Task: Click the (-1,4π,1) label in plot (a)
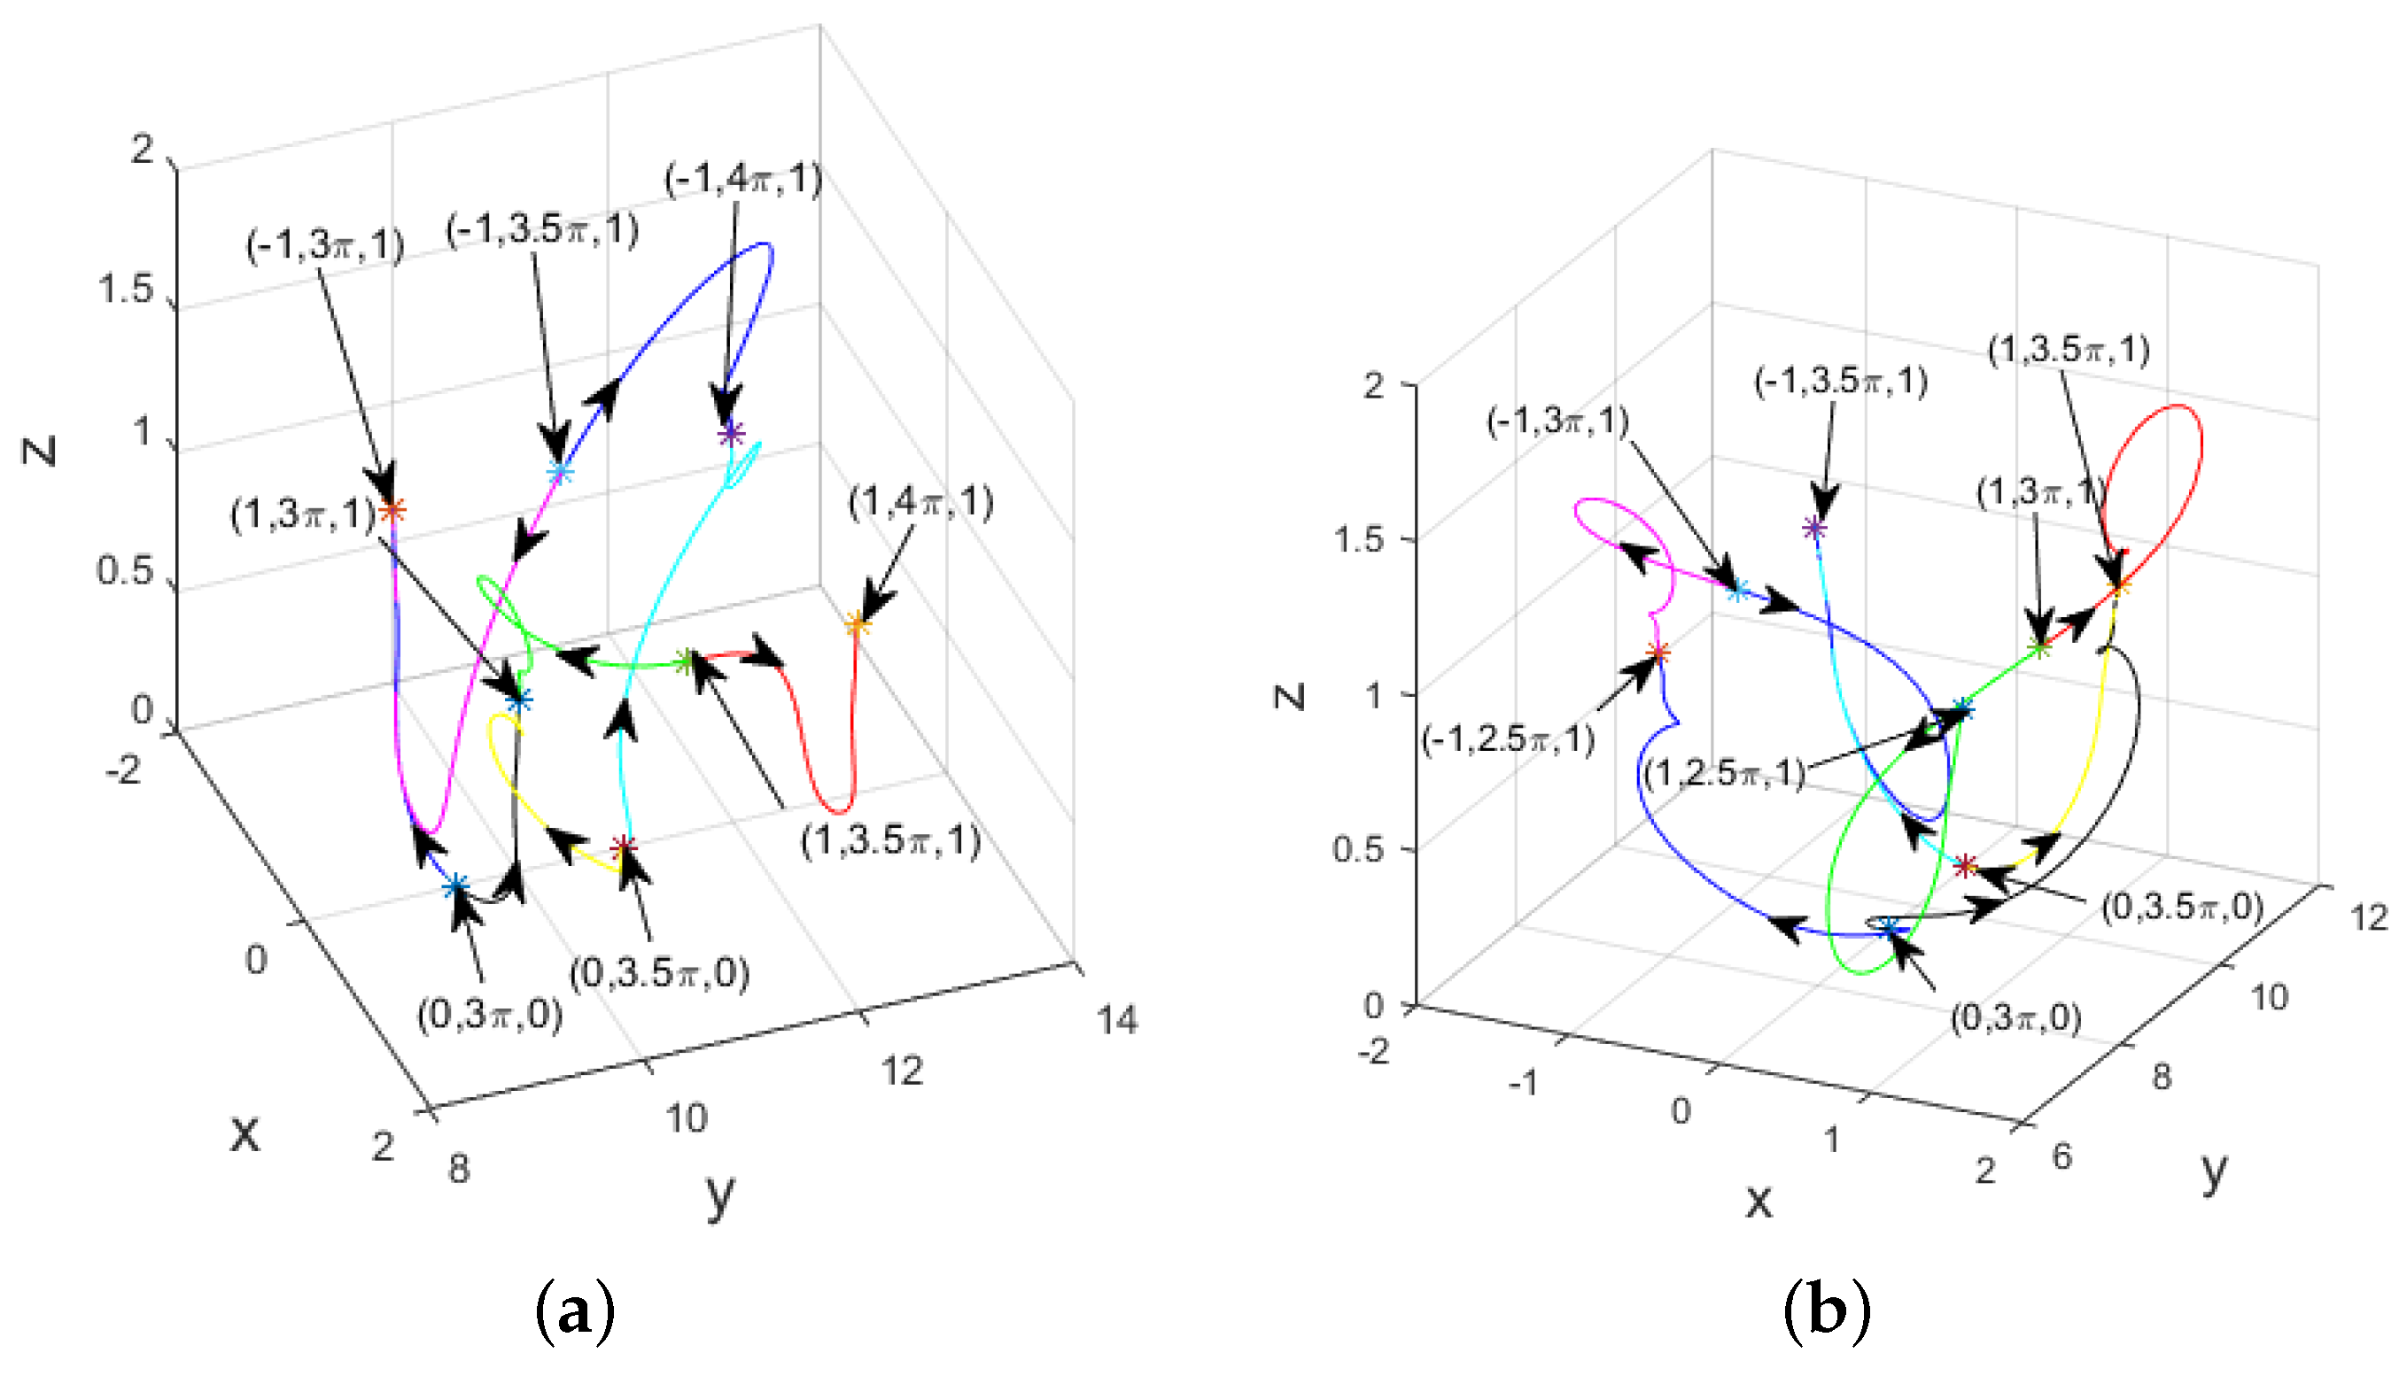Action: point(743,179)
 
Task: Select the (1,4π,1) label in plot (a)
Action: point(920,502)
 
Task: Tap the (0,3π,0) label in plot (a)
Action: point(490,1015)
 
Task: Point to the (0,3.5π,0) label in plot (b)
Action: point(2182,907)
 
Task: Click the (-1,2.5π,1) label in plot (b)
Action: point(1509,739)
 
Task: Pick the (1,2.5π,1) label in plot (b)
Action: point(1723,773)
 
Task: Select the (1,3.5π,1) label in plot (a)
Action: point(890,840)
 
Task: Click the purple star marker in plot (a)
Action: point(731,434)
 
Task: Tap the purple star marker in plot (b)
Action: point(1813,529)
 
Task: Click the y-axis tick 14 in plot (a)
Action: point(1117,1021)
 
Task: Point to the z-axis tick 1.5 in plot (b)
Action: point(1360,539)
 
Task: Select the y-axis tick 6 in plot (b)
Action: point(2061,1155)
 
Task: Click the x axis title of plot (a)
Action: point(245,1132)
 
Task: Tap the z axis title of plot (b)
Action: point(1290,697)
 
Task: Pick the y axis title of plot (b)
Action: point(2214,1171)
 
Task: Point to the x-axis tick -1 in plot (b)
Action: point(1523,1082)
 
